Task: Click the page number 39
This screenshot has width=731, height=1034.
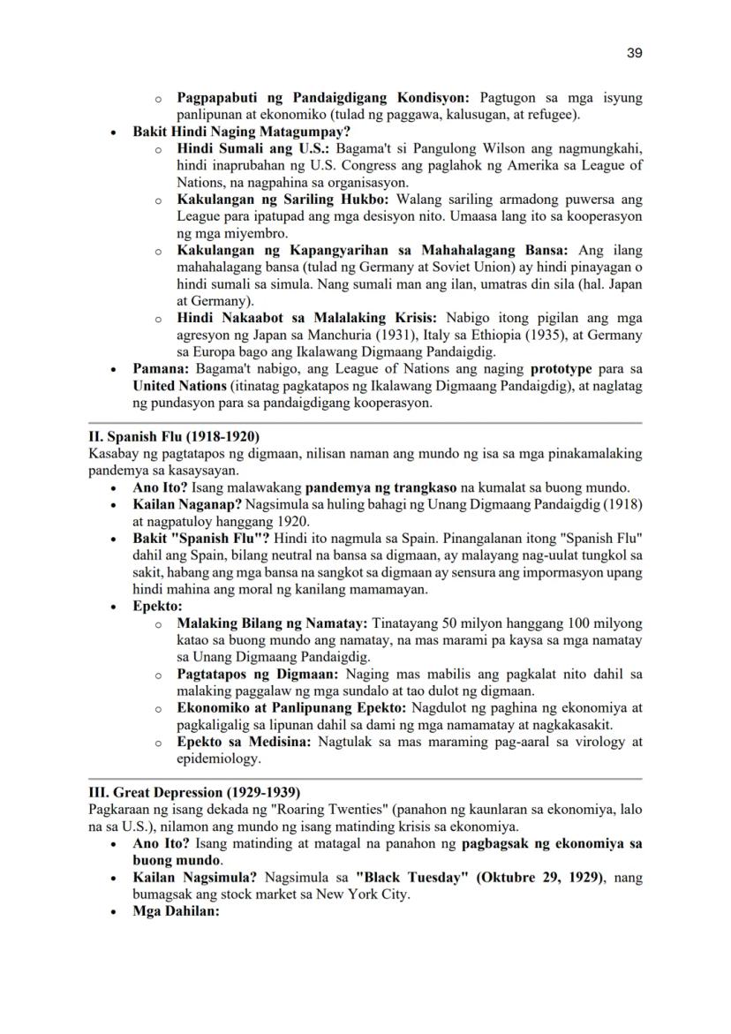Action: coord(634,53)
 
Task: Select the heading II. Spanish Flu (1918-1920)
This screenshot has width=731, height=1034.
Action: coord(174,436)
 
